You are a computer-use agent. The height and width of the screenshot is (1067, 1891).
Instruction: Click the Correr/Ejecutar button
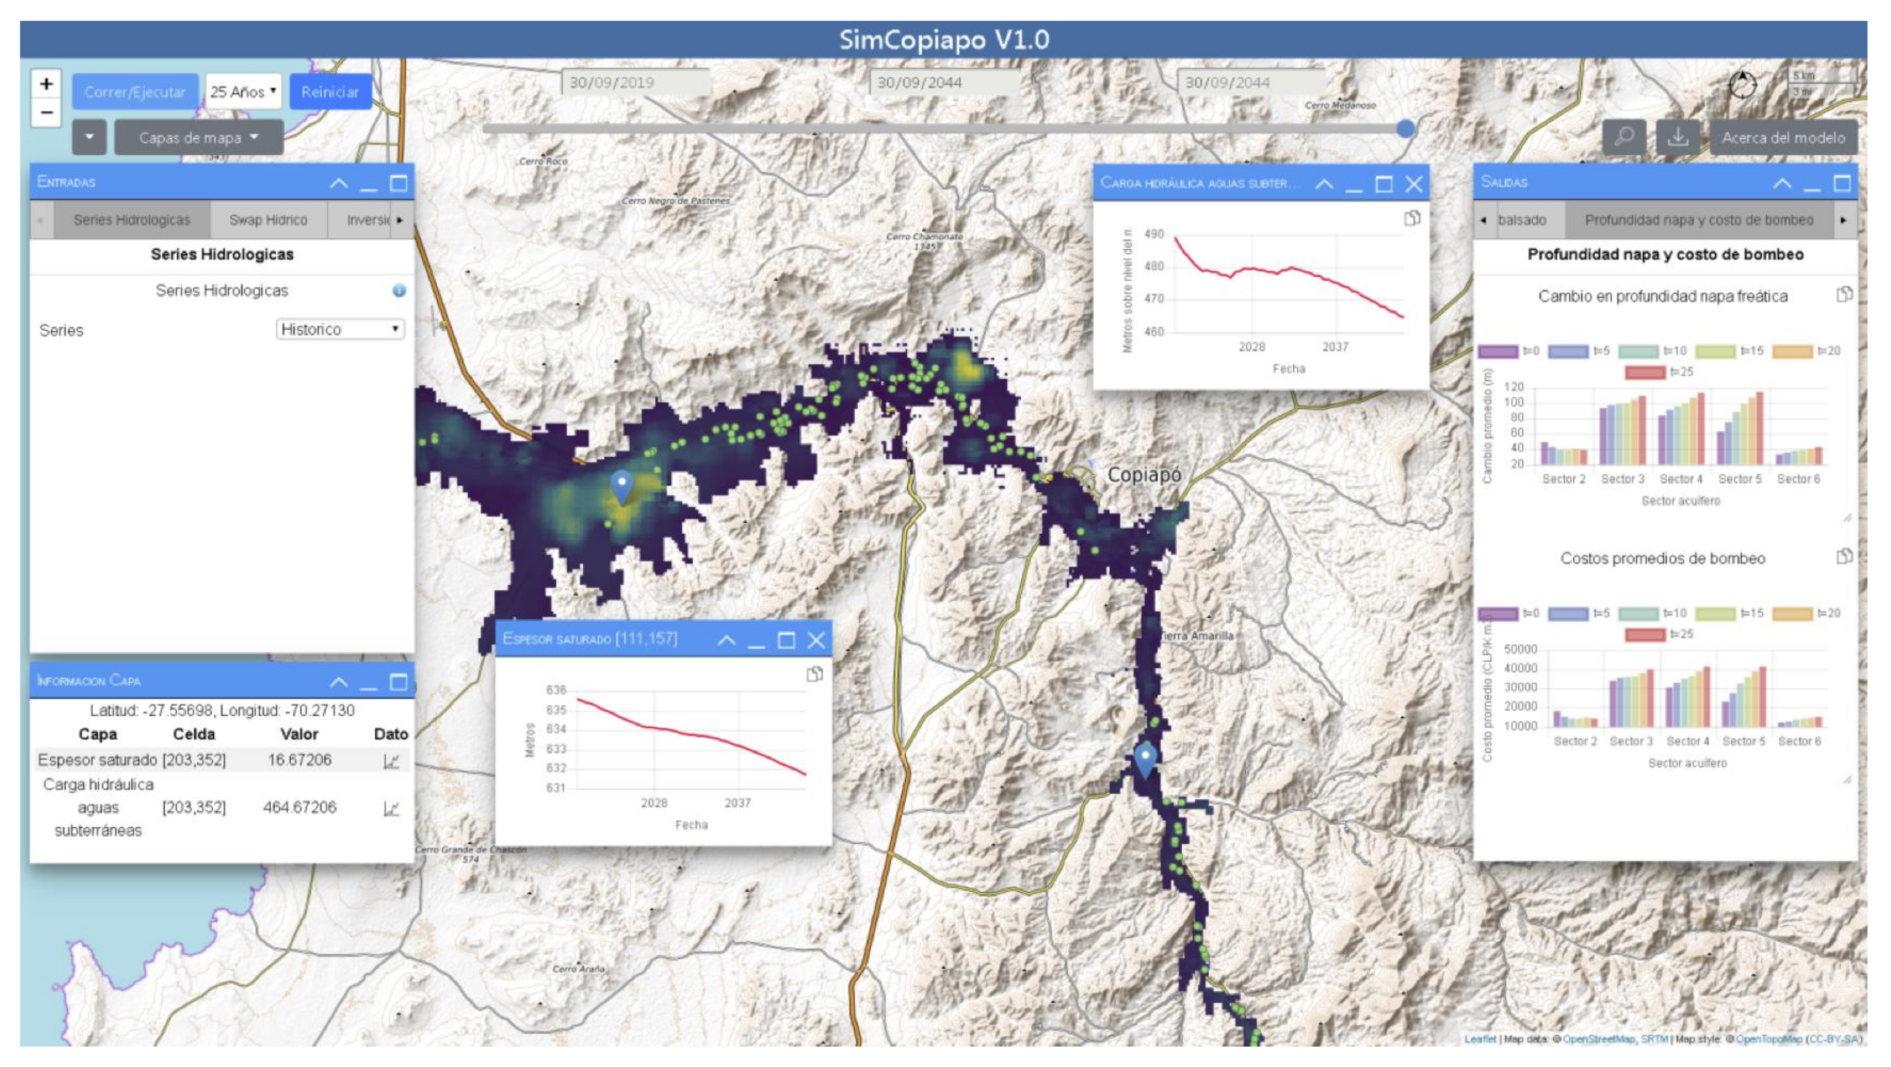click(135, 92)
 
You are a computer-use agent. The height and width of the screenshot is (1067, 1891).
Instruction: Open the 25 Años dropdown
click(243, 92)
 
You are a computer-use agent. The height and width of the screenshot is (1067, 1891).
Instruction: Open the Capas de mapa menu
click(198, 137)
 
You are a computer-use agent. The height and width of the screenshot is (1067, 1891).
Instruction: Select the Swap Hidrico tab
click(268, 219)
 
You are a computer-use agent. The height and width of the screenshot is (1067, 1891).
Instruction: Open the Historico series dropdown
click(340, 329)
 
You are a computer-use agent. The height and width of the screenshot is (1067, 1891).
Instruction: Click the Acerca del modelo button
click(1783, 137)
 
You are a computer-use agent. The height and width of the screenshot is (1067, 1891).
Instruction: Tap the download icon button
click(1677, 137)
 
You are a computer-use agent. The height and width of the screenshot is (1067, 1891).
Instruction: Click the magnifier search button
click(1624, 137)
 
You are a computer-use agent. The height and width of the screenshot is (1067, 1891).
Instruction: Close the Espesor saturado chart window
click(816, 640)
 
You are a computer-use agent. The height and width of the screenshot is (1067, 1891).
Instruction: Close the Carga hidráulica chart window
click(1413, 183)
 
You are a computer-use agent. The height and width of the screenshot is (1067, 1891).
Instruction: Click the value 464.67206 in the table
click(299, 807)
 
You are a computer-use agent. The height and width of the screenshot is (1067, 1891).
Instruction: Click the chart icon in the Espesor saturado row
click(391, 761)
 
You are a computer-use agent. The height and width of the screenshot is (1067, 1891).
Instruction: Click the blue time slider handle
click(1405, 129)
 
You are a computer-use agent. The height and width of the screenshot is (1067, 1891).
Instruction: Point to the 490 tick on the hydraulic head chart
click(1154, 234)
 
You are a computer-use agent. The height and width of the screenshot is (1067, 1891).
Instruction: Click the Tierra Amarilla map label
click(1198, 635)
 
